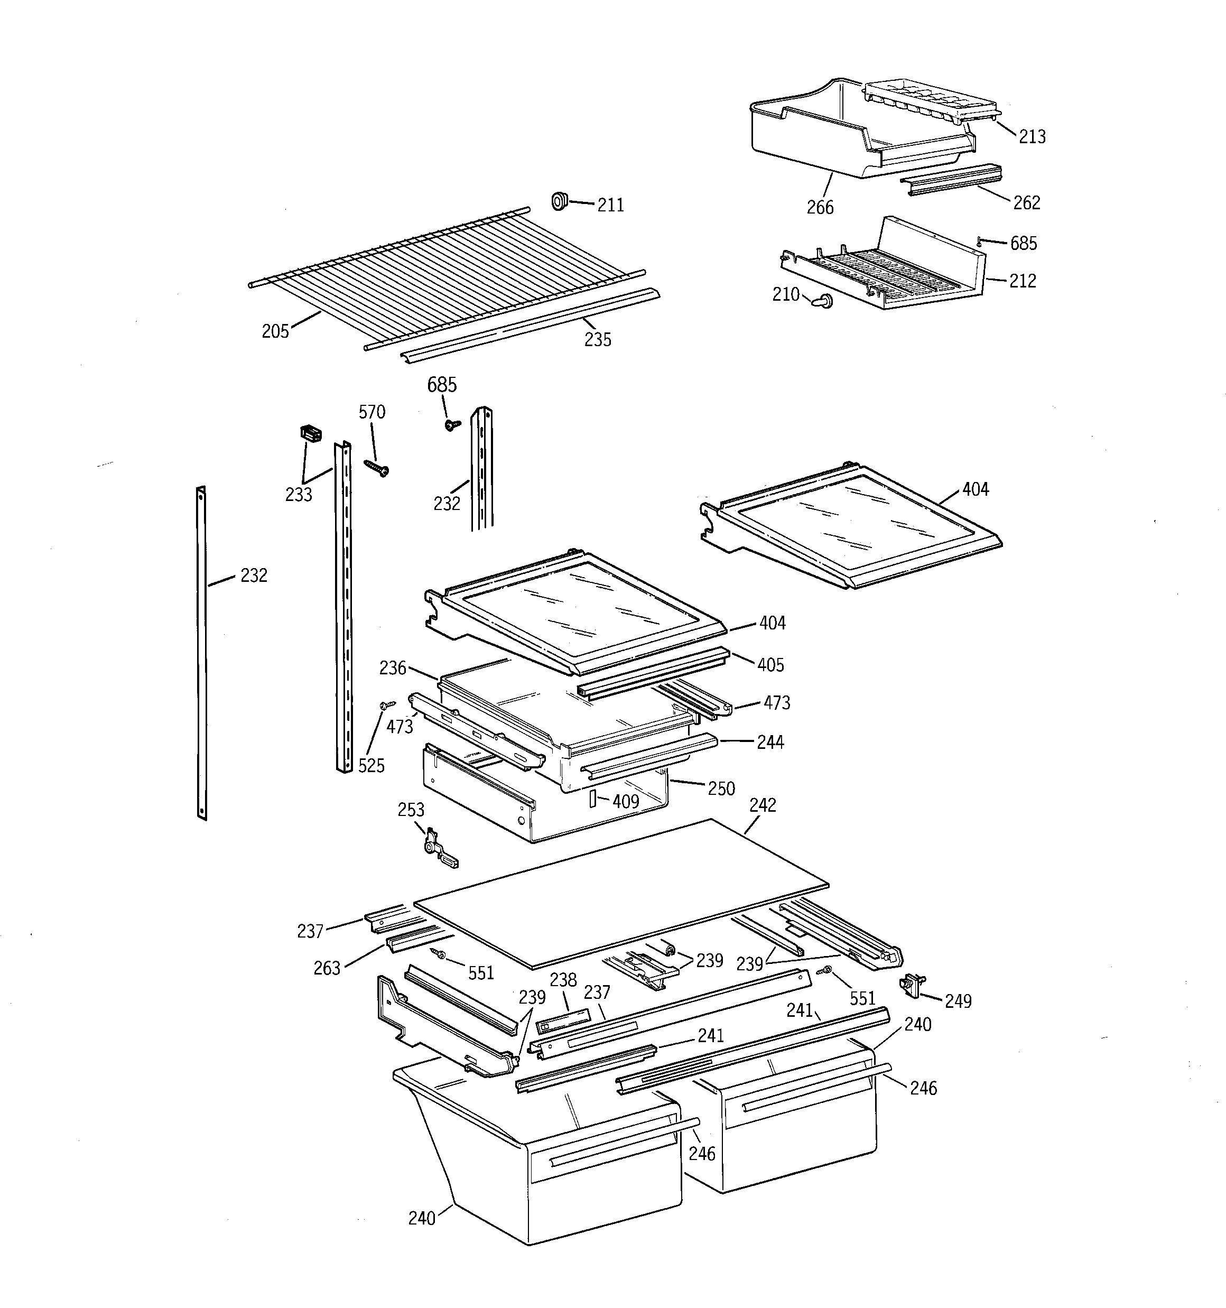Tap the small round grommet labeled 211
click(560, 201)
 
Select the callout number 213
click(1032, 137)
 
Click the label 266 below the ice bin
click(820, 208)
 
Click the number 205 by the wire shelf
click(275, 331)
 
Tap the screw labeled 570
click(376, 468)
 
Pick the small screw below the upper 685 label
click(452, 425)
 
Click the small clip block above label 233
click(311, 433)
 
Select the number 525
click(371, 766)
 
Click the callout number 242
click(763, 805)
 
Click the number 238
click(563, 980)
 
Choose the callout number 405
click(770, 665)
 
